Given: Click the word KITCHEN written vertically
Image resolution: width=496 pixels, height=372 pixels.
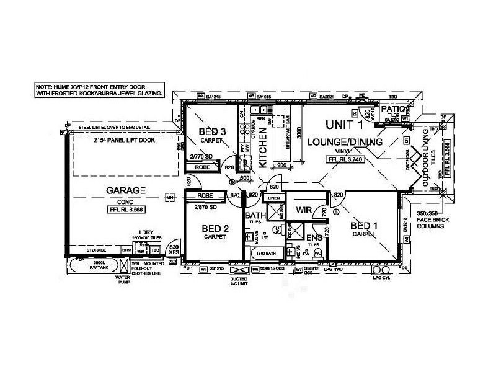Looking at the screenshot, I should (x=262, y=149).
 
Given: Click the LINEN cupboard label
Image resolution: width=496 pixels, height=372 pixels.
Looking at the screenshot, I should (x=273, y=198).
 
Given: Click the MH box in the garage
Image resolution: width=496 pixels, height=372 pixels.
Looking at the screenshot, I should (x=169, y=198).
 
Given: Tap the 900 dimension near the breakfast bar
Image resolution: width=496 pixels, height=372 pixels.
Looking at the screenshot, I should (x=281, y=166).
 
